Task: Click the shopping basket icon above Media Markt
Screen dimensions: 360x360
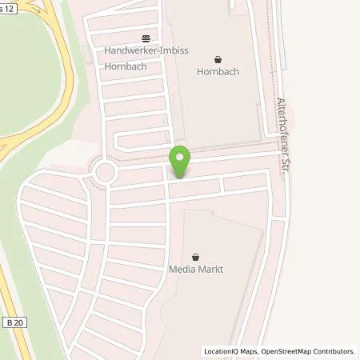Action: pyautogui.click(x=196, y=256)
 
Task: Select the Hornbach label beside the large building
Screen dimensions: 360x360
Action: pyautogui.click(x=218, y=71)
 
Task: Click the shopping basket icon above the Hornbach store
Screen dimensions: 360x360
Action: pyautogui.click(x=218, y=58)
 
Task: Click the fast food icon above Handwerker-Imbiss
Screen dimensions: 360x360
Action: pyautogui.click(x=145, y=38)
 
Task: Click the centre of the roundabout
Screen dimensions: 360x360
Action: pyautogui.click(x=105, y=172)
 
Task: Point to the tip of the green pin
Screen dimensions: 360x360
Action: pyautogui.click(x=180, y=178)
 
